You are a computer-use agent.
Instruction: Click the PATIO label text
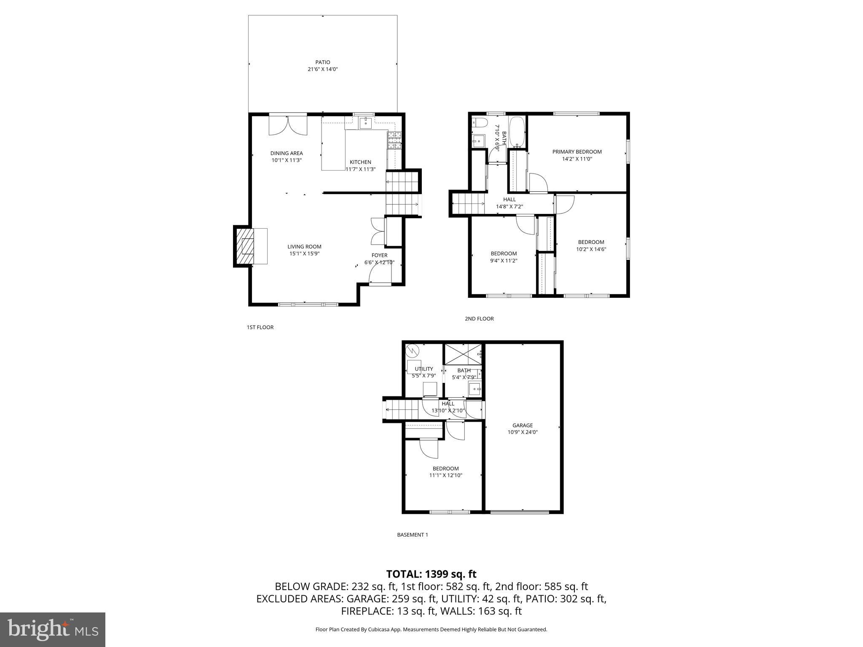click(x=323, y=62)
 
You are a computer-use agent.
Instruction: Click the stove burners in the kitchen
click(x=394, y=140)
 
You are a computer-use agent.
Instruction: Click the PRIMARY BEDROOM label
click(x=577, y=152)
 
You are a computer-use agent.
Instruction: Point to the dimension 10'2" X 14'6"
click(x=591, y=249)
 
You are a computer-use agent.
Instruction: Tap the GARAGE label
click(x=523, y=425)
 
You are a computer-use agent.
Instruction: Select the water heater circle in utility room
click(x=412, y=350)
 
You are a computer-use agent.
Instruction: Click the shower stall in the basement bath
click(x=463, y=354)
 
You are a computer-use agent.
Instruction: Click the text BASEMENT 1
click(x=412, y=535)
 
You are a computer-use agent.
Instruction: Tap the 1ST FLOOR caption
click(x=260, y=327)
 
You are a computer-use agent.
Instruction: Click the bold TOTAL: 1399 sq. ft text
click(x=431, y=574)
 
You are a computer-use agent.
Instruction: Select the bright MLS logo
click(x=53, y=630)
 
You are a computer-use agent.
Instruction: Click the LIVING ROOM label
click(x=304, y=247)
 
